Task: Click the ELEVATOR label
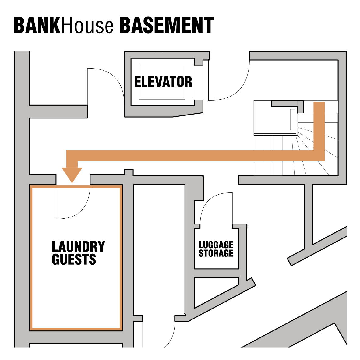pyautogui.click(x=163, y=82)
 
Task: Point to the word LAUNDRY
pyautogui.click(x=78, y=246)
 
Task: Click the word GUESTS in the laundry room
pyautogui.click(x=74, y=259)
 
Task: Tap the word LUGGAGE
pyautogui.click(x=216, y=245)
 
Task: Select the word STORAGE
pyautogui.click(x=216, y=253)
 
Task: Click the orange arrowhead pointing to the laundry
pyautogui.click(x=72, y=175)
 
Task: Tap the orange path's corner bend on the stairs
pyautogui.click(x=319, y=155)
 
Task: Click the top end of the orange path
pyautogui.click(x=319, y=105)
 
